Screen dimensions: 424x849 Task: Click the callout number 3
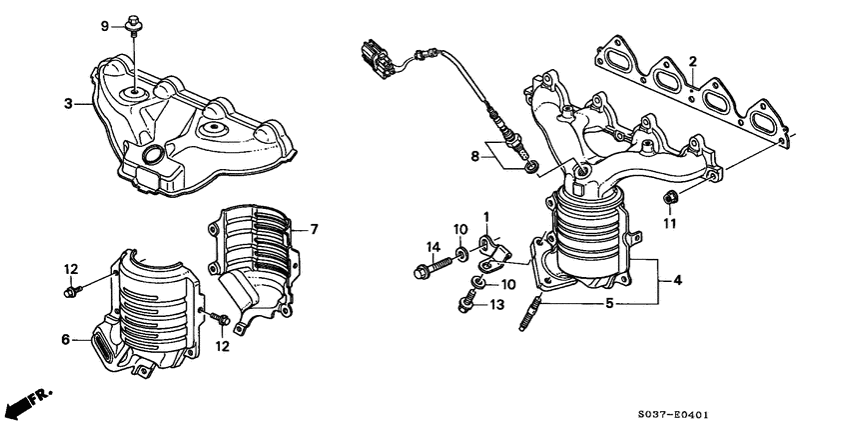68,103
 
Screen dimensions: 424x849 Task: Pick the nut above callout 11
670,195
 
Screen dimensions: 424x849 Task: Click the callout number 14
433,246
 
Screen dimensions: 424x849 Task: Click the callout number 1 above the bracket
485,217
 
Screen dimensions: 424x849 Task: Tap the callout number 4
677,281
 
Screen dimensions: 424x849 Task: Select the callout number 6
66,341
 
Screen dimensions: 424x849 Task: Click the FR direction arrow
26,401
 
